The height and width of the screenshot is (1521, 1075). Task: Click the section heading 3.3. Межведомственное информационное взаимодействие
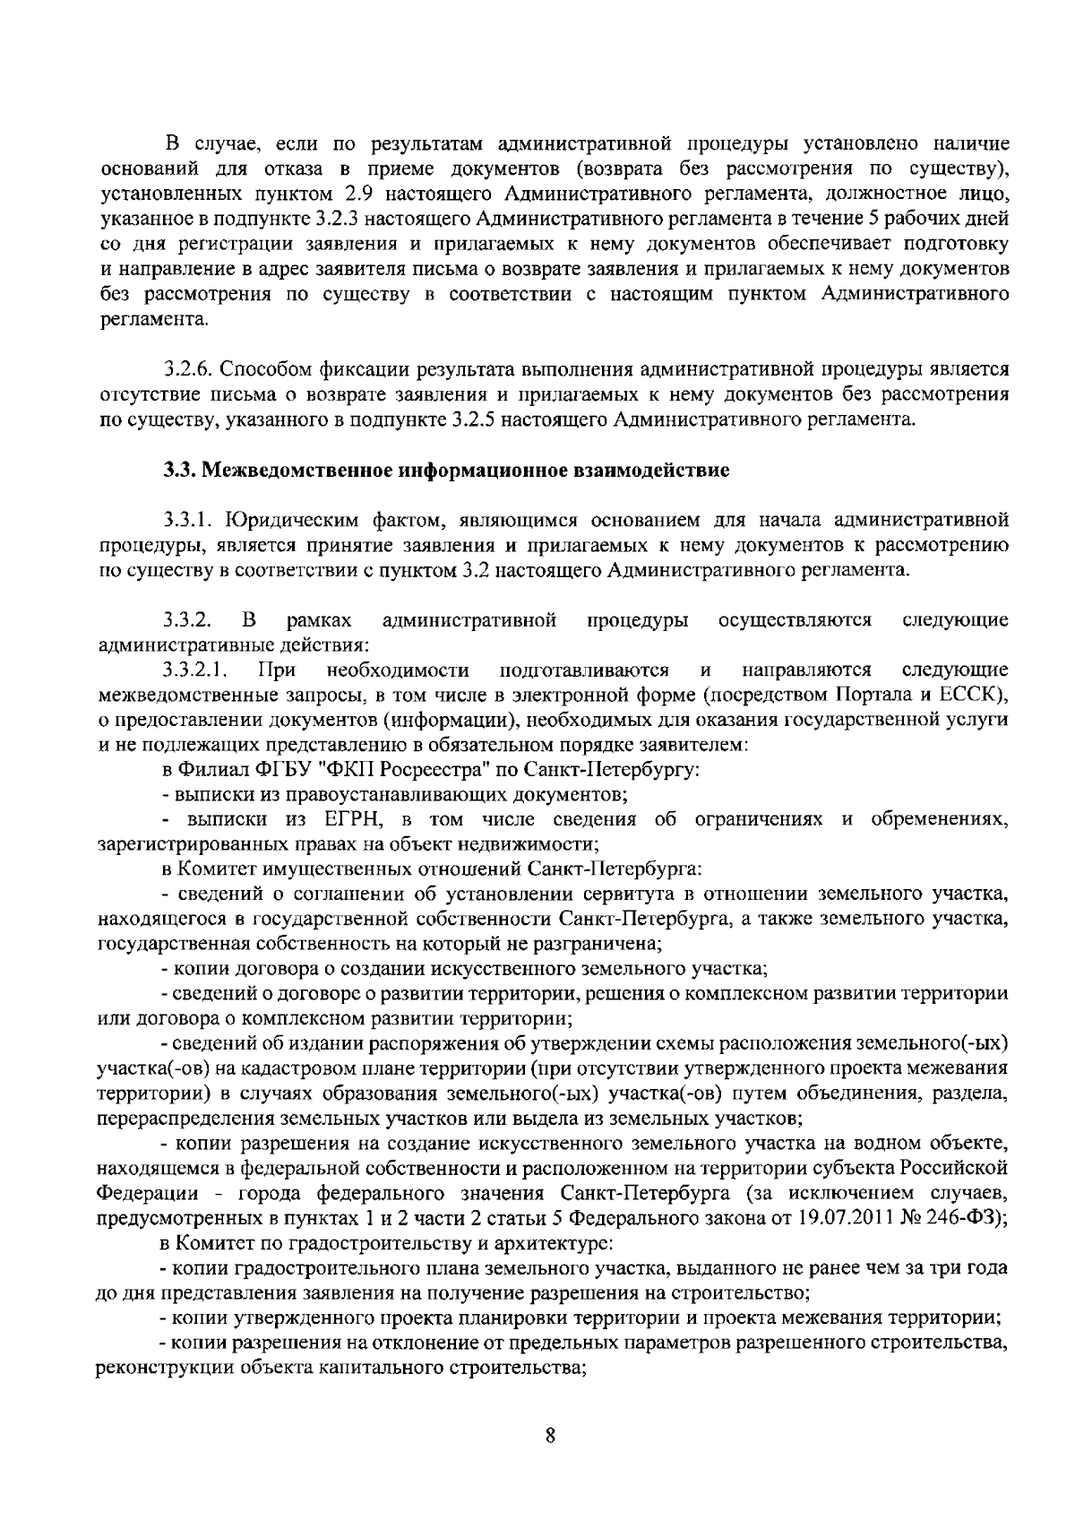click(x=446, y=470)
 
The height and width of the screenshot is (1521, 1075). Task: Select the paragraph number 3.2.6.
click(x=188, y=369)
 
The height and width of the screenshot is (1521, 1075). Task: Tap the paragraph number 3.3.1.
click(x=188, y=520)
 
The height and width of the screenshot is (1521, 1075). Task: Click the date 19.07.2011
click(x=847, y=1219)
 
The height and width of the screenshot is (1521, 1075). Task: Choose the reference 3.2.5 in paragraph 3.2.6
click(x=497, y=419)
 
